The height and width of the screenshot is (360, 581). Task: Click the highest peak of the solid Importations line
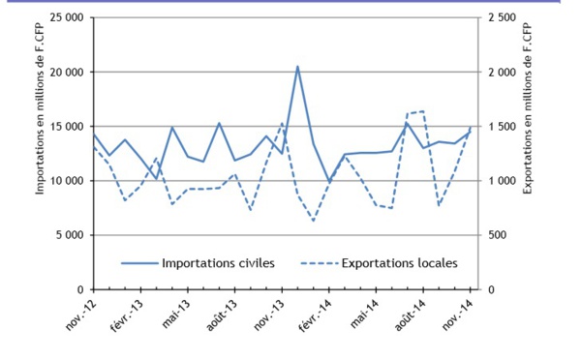(x=297, y=67)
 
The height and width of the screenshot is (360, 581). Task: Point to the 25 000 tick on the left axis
(x=65, y=18)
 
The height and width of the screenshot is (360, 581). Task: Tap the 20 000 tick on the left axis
(x=65, y=73)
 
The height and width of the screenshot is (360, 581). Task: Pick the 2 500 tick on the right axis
(x=505, y=18)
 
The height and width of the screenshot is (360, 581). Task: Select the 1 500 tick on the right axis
(x=505, y=127)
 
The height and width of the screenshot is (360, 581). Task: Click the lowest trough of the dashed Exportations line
(x=314, y=222)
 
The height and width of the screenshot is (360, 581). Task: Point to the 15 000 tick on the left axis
(x=65, y=127)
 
